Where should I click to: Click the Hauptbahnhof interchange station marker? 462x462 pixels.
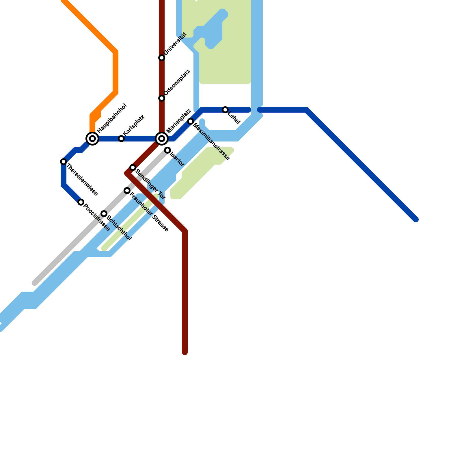pos(92,139)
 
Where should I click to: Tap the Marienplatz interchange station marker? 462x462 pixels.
pos(162,139)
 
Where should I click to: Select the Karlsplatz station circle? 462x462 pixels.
pos(121,139)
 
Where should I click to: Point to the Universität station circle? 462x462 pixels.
pos(162,58)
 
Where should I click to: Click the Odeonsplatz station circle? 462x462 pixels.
pos(162,98)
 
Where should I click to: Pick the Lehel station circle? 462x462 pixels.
pos(225,110)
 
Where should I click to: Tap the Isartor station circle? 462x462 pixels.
pos(167,150)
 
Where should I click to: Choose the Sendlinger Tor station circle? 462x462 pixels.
pos(133,167)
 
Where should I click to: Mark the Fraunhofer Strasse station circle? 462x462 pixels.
pos(127,191)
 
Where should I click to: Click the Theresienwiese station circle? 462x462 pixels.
pos(64,162)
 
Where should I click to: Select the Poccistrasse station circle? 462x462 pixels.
pos(81,202)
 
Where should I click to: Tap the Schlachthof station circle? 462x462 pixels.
pos(104,214)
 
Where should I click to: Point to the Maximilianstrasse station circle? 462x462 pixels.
pos(191,121)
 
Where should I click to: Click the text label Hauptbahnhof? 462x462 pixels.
pos(112,118)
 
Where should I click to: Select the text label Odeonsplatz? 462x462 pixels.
pos(177,82)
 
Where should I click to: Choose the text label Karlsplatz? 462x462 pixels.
pos(133,125)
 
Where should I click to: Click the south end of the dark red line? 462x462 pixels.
pos(185,352)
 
